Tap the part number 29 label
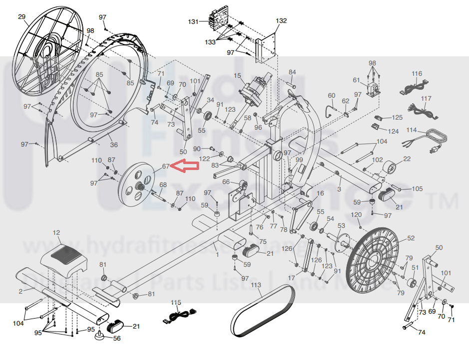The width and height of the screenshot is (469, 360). (21, 17)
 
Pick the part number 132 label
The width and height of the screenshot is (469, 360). (281, 21)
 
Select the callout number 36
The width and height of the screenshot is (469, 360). (114, 145)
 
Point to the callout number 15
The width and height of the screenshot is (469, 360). (237, 75)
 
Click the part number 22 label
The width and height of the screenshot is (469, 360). (407, 159)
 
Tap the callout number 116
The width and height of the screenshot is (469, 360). (417, 74)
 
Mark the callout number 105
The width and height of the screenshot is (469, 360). (417, 189)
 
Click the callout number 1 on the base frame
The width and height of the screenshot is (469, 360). (217, 255)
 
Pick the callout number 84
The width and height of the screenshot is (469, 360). (292, 72)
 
